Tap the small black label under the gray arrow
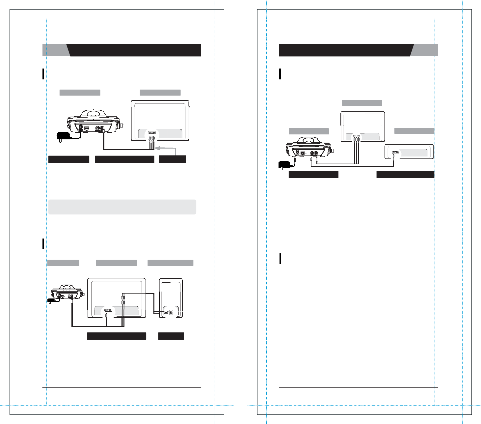(x=172, y=159)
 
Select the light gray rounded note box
(x=122, y=207)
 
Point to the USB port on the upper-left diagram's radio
(x=87, y=128)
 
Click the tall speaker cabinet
(x=171, y=298)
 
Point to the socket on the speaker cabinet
(x=171, y=312)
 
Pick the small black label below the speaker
(x=171, y=336)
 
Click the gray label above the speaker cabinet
(x=170, y=263)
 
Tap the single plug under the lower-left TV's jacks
(x=106, y=316)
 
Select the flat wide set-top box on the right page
(x=409, y=152)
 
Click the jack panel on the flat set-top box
(x=395, y=153)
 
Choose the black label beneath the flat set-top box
(x=405, y=175)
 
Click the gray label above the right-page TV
(x=362, y=103)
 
